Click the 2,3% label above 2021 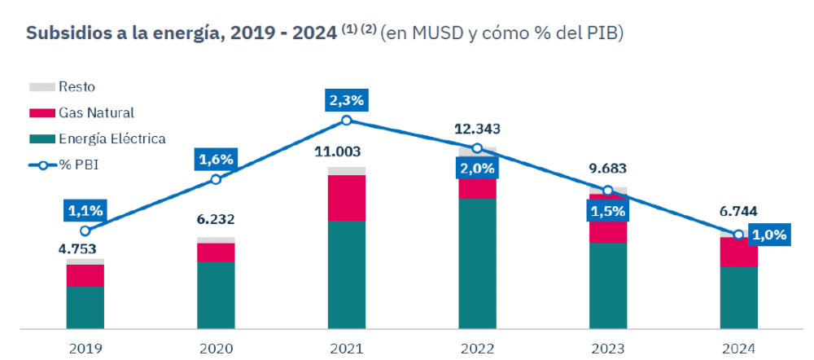coord(347,101)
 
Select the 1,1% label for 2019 coord(85,211)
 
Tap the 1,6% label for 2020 coord(216,159)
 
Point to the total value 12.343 coord(477,129)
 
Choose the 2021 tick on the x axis coord(347,349)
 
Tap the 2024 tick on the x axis coord(738,349)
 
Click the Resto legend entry coord(77,87)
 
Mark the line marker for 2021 coord(347,121)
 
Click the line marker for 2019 coord(85,230)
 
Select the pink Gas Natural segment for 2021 coord(347,198)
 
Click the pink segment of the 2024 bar coord(738,252)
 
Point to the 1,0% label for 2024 coord(769,235)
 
